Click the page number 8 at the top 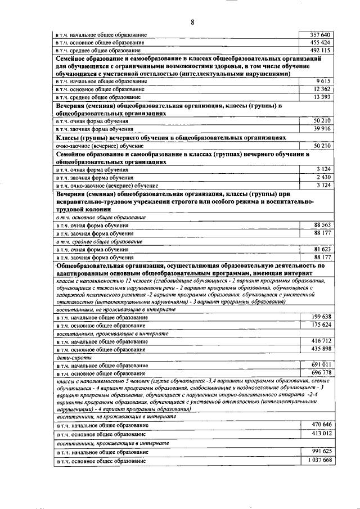click(x=192, y=22)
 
